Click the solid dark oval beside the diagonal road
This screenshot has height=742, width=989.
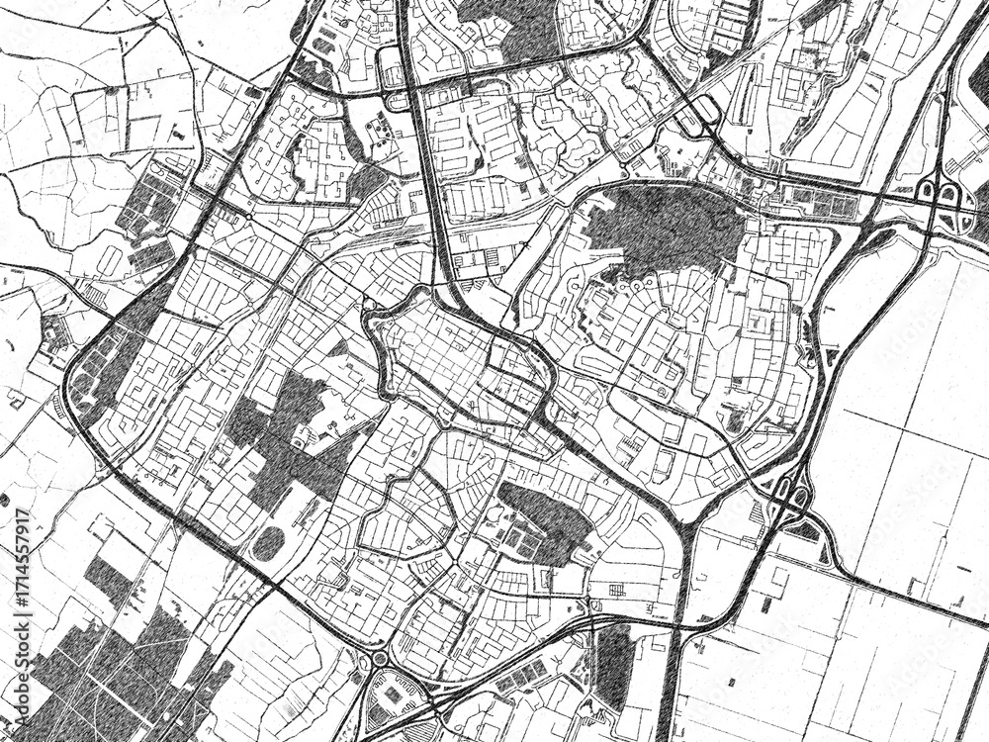point(268,543)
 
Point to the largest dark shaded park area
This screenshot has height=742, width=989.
point(665,230)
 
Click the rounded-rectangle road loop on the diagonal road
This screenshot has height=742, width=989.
point(704,110)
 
